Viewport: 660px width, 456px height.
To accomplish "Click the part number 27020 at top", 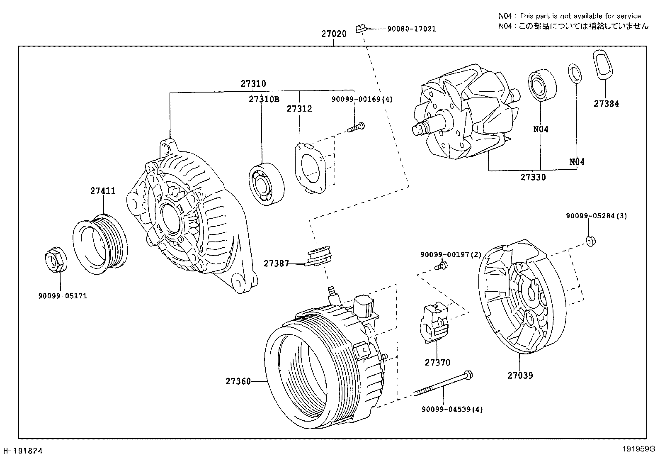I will point(334,34).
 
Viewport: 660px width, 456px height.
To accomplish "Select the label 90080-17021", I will point(411,29).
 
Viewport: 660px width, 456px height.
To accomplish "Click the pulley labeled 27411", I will point(100,245).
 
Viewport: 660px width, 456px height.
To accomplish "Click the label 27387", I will point(276,263).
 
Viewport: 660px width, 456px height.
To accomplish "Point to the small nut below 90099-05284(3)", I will point(590,240).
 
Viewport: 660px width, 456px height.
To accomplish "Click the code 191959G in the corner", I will point(638,449).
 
